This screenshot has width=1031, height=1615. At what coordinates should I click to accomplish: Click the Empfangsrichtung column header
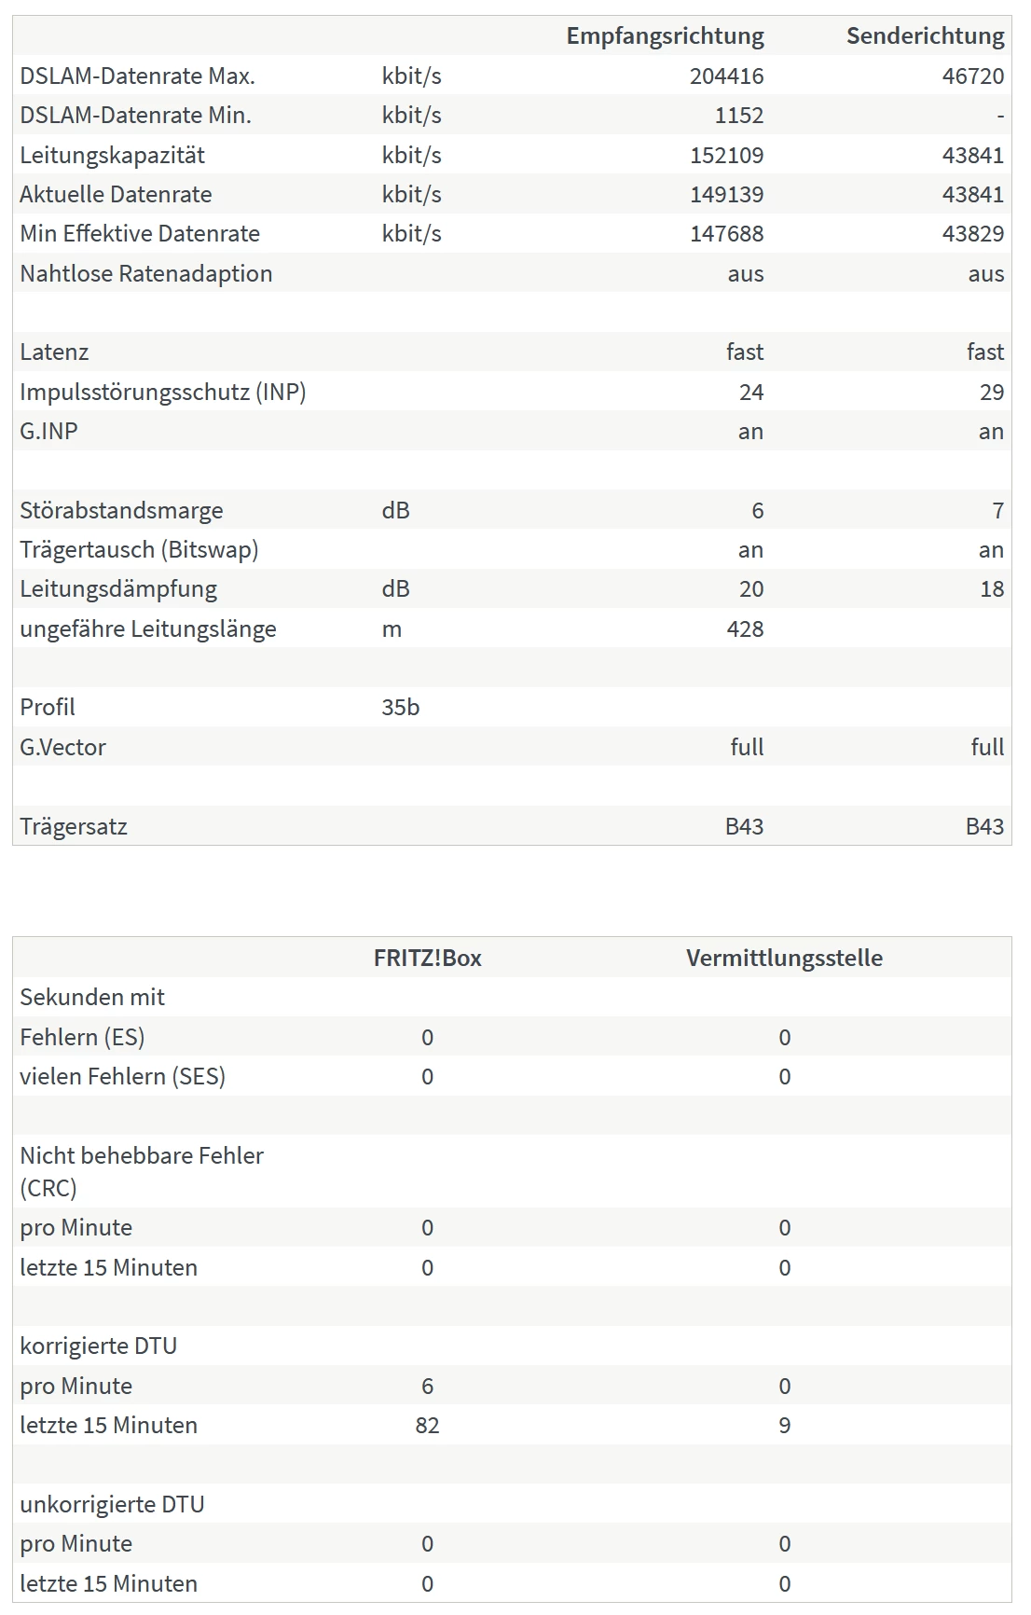coord(665,36)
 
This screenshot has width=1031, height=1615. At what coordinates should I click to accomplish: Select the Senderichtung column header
coord(925,36)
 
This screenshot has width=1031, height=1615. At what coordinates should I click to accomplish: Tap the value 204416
coord(726,76)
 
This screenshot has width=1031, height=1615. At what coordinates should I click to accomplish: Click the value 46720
coord(972,76)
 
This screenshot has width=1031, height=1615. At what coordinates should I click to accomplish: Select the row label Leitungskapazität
coord(112,155)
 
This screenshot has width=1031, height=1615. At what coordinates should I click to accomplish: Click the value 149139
coord(726,195)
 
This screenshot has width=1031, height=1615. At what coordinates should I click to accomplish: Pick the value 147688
coord(726,234)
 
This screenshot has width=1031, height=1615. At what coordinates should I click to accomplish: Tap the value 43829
coord(972,234)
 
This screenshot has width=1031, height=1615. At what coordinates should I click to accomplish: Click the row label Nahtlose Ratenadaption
coord(145,274)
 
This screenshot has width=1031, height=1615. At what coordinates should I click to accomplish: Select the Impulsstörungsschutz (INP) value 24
coord(750,393)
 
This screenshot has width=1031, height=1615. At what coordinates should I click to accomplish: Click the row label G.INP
coord(48,432)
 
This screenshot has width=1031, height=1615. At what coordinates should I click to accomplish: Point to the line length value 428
coord(745,629)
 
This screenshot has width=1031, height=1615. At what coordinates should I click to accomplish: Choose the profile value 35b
coord(400,708)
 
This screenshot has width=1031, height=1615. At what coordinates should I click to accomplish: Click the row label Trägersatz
coord(74,827)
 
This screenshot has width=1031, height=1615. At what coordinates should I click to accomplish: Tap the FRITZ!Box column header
coord(427,959)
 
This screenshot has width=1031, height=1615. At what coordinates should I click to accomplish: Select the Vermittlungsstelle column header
coord(784,959)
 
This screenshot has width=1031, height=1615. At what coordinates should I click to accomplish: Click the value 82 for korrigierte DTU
coord(427,1426)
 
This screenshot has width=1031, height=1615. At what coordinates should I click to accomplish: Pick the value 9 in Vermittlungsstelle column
coord(784,1426)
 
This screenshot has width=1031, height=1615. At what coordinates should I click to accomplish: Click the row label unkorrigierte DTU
coord(112,1505)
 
